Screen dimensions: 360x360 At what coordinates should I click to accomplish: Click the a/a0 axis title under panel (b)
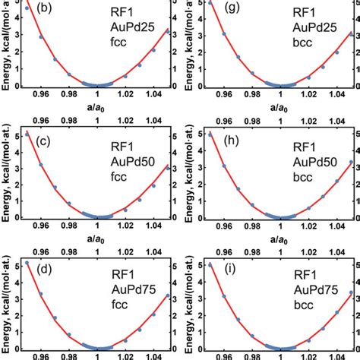pyautogui.click(x=96, y=109)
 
